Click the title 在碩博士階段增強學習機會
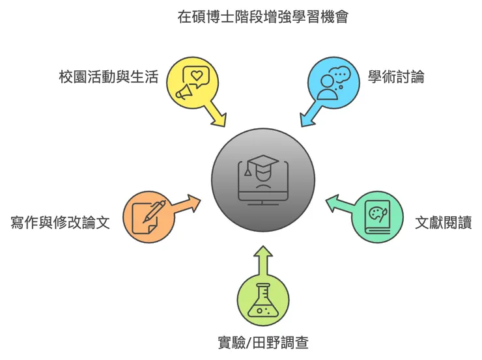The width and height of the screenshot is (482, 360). tap(262, 17)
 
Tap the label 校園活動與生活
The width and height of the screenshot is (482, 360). tap(108, 78)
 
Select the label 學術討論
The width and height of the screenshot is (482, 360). tap(395, 77)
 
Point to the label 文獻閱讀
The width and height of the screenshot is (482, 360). tap(443, 223)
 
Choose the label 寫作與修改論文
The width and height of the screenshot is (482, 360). tap(60, 223)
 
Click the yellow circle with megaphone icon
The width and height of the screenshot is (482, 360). tap(191, 81)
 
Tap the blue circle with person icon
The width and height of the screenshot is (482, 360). tap(333, 81)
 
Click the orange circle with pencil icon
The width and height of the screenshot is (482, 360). tap(148, 217)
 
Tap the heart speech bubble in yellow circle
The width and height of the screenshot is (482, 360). tap(195, 74)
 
